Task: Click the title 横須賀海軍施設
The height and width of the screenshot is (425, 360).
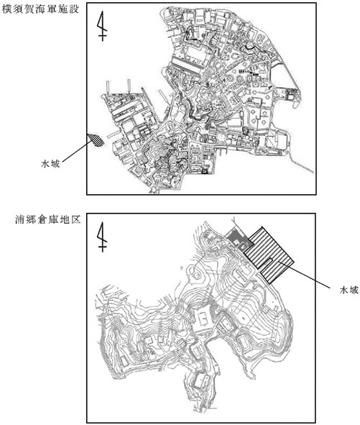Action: (x=40, y=9)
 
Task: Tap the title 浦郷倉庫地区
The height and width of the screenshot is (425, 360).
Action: (x=48, y=219)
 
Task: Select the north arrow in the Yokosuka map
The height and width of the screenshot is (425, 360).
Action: (x=102, y=26)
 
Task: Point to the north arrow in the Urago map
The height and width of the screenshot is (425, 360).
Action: (x=102, y=237)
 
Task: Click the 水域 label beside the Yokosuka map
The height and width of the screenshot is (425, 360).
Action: (x=50, y=164)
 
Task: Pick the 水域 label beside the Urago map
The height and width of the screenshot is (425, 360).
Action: (x=349, y=290)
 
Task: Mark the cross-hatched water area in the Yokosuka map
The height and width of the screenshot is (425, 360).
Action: (x=96, y=140)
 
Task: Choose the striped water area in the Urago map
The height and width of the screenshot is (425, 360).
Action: (x=269, y=255)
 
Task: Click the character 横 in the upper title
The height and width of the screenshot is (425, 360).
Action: (x=7, y=9)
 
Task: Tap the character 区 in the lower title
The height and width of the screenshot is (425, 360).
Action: (x=76, y=219)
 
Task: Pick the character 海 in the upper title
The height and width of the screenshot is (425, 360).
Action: (x=40, y=9)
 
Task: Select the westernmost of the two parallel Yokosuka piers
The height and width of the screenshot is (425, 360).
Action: (x=108, y=87)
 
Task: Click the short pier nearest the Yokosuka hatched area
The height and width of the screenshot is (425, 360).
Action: (x=114, y=134)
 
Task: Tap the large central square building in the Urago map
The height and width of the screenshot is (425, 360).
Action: (x=203, y=318)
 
